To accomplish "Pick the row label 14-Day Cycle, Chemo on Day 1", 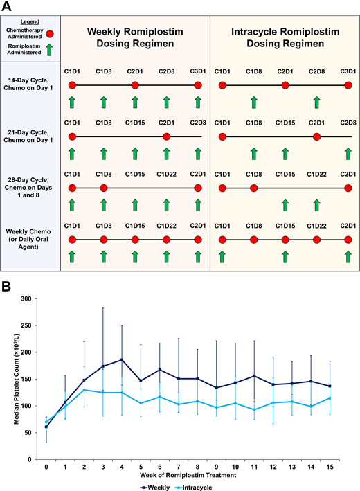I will coord(30,85).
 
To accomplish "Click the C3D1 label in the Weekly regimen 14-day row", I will coord(198,71).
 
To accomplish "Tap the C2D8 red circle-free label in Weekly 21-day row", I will coord(198,123).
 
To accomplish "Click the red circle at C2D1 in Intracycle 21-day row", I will coord(316,136).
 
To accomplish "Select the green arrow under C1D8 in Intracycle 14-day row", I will coord(253,102).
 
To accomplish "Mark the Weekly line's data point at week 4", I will coord(122,359).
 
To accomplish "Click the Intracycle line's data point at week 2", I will coord(84,389).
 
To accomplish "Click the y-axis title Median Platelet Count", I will coord(10,371).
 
